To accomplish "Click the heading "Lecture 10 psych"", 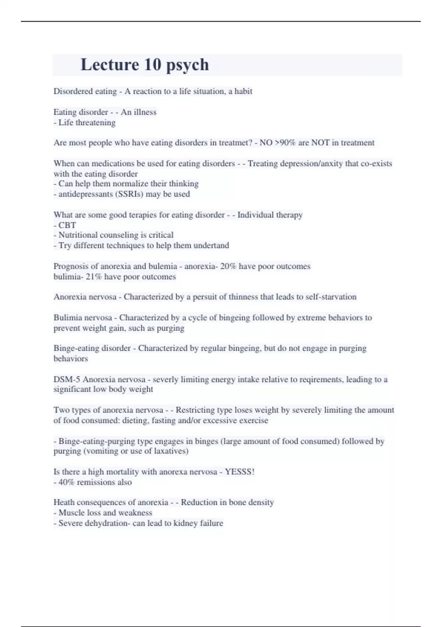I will (144, 65).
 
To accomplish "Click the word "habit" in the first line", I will (243, 91).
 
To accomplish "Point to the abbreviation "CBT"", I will (67, 225).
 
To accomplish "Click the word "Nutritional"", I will (76, 235).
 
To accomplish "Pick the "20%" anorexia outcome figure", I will (228, 266).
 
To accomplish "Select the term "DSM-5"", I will (67, 380).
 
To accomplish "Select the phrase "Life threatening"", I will (87, 122).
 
